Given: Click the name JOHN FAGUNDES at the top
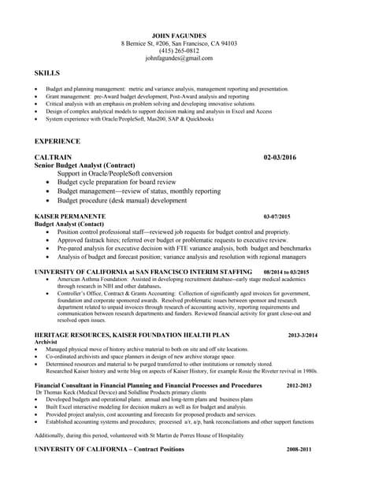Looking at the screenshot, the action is (179, 35).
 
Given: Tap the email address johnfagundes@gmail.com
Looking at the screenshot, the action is (179, 58).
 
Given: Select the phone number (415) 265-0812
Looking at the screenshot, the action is (179, 50).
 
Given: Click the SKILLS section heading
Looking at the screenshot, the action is (47, 73).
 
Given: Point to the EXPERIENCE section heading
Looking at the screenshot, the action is (58, 141).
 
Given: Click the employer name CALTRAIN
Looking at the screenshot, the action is (54, 157).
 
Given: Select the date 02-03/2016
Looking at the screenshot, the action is (280, 157).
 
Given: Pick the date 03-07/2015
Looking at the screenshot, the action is (277, 217).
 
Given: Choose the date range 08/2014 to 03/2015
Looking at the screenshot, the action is (286, 272).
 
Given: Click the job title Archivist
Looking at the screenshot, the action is (46, 343).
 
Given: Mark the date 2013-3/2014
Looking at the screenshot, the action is (303, 335).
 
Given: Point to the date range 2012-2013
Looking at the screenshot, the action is (299, 386).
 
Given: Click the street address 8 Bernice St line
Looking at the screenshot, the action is (179, 43).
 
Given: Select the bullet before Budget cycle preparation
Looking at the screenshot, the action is (49, 182).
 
